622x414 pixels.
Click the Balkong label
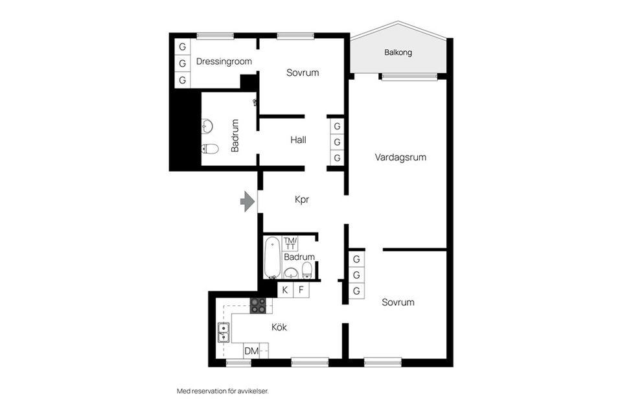(x=398, y=52)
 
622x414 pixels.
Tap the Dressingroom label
(x=224, y=62)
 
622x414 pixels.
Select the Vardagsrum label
(x=400, y=157)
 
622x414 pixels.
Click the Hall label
(x=298, y=140)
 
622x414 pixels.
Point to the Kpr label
(x=302, y=200)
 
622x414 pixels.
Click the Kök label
(x=279, y=327)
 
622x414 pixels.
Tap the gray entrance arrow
(x=247, y=202)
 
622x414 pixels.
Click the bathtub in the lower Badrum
(x=272, y=257)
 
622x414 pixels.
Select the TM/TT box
(x=290, y=244)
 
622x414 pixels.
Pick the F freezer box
(x=301, y=290)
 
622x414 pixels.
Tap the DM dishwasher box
(x=251, y=351)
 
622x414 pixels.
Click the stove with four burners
(x=258, y=306)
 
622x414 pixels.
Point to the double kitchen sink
(x=223, y=332)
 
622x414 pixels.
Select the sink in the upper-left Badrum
(x=207, y=126)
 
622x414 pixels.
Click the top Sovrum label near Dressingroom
(x=303, y=73)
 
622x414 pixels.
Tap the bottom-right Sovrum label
(x=398, y=302)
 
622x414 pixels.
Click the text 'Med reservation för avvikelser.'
(x=222, y=391)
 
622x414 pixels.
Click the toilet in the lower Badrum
(x=307, y=270)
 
